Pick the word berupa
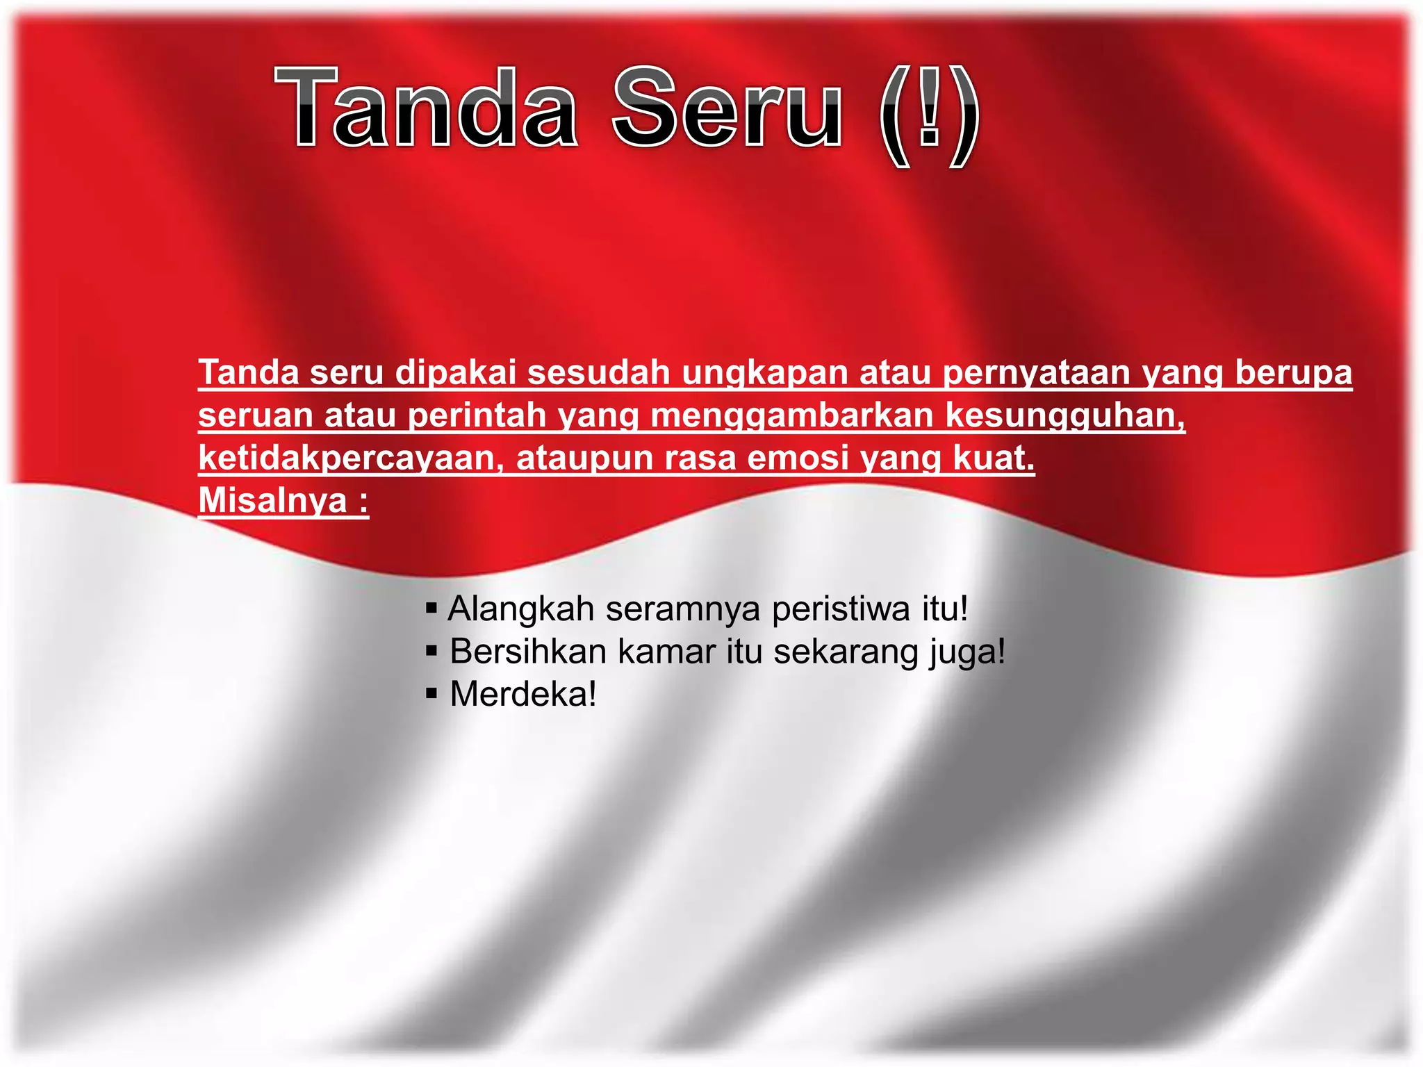1293,374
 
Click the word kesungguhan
1064,416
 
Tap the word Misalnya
273,501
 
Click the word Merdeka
523,694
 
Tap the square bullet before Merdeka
431,693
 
